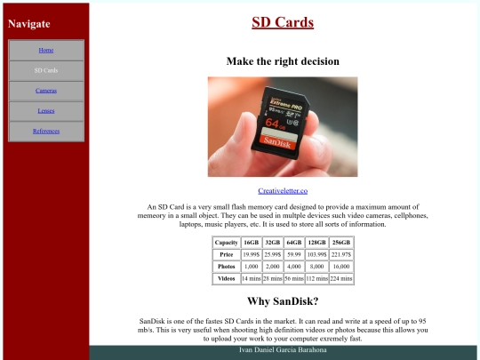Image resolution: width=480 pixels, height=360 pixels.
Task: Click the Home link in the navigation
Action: point(46,50)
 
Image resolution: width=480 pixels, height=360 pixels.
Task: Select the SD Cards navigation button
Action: point(46,70)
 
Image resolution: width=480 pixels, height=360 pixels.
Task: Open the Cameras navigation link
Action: point(46,91)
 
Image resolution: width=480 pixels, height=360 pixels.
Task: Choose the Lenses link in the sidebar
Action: point(46,111)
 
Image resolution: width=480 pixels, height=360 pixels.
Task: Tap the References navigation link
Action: point(46,132)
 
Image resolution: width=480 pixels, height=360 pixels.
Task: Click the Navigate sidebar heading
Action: point(29,24)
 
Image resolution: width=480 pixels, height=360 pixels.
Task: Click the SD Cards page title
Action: point(283,22)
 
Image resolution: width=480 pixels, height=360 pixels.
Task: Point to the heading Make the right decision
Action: point(283,61)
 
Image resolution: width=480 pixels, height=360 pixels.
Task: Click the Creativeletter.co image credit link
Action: point(283,191)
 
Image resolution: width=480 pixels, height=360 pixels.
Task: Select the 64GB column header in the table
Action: point(293,243)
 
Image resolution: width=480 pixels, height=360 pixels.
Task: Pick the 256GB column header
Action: point(340,243)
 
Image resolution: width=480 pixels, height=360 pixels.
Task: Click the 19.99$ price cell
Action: point(251,254)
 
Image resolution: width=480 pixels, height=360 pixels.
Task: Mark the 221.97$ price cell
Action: point(340,254)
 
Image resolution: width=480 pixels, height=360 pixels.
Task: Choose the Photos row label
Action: point(227,267)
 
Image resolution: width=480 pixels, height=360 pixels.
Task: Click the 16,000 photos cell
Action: point(340,267)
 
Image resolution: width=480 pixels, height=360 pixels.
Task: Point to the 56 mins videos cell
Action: point(293,278)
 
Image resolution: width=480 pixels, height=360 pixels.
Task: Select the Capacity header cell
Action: point(227,243)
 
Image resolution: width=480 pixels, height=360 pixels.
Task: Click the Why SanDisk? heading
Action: point(283,301)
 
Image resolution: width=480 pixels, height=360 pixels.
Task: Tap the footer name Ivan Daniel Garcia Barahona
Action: point(283,351)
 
